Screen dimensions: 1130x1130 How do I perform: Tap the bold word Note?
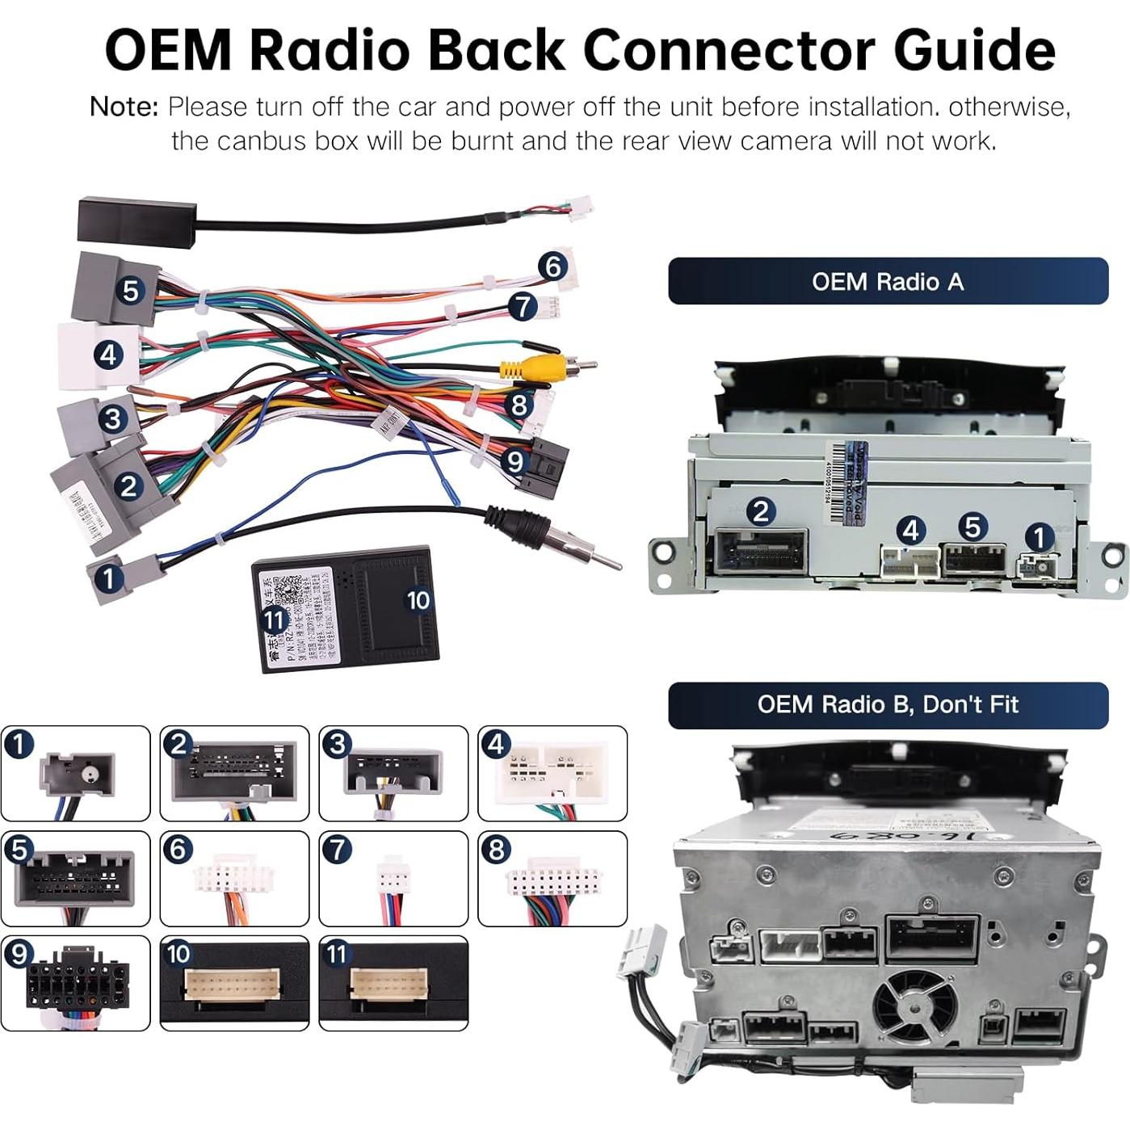[x=124, y=107]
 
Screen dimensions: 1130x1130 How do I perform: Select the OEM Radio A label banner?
[x=888, y=281]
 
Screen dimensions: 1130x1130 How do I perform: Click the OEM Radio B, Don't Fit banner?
[x=888, y=704]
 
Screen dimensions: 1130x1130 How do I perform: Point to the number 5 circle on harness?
[x=131, y=290]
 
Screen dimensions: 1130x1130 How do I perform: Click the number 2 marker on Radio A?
[x=760, y=510]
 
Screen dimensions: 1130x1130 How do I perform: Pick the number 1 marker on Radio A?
[x=1039, y=537]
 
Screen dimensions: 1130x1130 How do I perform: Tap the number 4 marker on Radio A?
[x=911, y=530]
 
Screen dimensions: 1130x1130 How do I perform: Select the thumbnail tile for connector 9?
[x=75, y=983]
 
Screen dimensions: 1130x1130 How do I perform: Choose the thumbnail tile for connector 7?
[x=393, y=878]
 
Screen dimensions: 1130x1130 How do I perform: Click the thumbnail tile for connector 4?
[x=552, y=773]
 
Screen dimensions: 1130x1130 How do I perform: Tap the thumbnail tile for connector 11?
[x=393, y=983]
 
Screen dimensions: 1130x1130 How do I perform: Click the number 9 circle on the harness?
[x=515, y=461]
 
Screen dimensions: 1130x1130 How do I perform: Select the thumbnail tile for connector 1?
[x=75, y=773]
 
